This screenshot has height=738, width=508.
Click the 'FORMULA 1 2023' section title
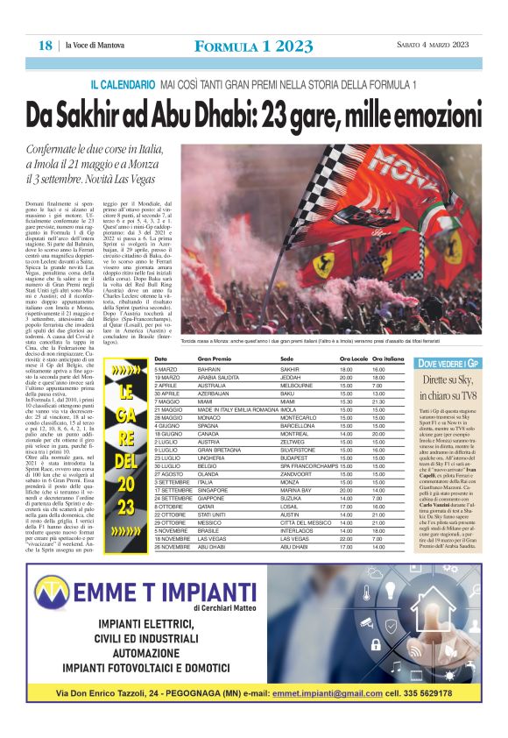253,46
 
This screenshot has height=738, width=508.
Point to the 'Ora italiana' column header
388,359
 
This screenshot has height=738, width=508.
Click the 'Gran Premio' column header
215,359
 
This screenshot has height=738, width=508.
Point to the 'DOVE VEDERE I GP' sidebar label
447,362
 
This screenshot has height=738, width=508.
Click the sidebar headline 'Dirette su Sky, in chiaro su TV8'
447,387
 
